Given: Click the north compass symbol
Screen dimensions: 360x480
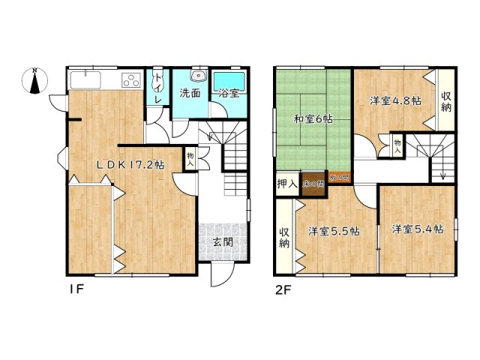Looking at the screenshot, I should click(x=36, y=81).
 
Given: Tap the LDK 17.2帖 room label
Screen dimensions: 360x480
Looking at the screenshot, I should click(x=128, y=164).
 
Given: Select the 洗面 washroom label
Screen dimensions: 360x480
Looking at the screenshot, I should click(x=189, y=94).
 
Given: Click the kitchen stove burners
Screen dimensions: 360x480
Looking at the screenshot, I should click(x=130, y=79).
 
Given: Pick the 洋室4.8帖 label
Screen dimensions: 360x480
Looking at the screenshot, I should click(x=394, y=100).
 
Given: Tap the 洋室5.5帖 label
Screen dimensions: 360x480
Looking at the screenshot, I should click(x=334, y=231).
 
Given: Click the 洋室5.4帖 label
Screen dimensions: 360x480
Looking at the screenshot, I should click(x=417, y=229).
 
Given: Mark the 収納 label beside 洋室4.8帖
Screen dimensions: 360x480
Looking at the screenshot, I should click(x=446, y=102).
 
